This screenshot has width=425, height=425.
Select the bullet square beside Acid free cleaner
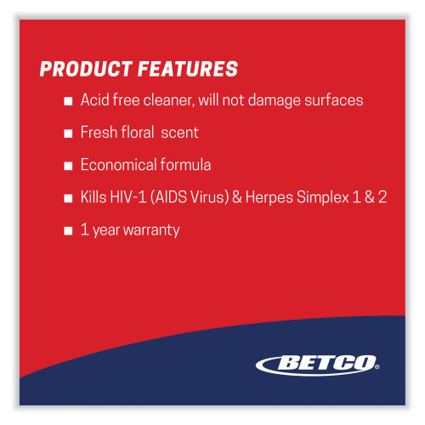click(68, 101)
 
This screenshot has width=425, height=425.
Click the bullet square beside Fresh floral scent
click(68, 133)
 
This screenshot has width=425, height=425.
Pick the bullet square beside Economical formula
click(68, 166)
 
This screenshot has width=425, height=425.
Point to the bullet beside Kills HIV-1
click(68, 198)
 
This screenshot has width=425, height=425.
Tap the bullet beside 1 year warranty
click(68, 230)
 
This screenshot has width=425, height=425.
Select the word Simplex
click(326, 197)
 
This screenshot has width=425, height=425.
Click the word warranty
click(151, 229)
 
